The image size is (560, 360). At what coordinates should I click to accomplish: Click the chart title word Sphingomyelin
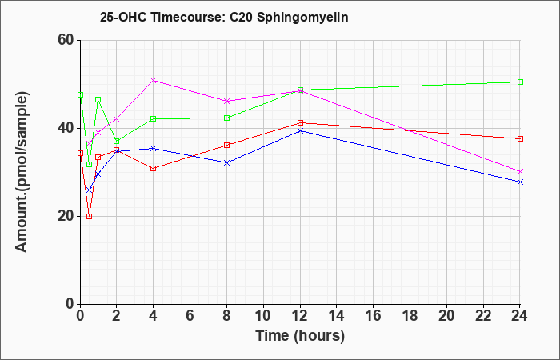click(x=302, y=18)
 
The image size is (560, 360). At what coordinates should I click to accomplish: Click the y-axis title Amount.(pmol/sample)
click(x=22, y=172)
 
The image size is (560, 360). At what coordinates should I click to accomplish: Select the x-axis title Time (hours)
click(x=300, y=336)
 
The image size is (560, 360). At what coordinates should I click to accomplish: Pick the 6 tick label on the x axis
click(x=190, y=316)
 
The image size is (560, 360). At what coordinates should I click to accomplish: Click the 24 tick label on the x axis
click(x=520, y=316)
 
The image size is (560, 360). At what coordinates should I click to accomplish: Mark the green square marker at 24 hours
click(x=520, y=82)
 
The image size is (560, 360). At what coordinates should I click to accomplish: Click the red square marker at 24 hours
click(x=520, y=139)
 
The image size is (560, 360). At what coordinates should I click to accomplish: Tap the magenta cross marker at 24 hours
click(x=520, y=172)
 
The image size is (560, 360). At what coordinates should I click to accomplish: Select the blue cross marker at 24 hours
click(x=520, y=182)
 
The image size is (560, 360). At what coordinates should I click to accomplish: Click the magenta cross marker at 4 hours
click(x=154, y=80)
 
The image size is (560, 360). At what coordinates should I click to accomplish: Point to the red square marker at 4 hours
click(x=154, y=169)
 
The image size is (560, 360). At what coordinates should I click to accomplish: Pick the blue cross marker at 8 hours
click(x=226, y=163)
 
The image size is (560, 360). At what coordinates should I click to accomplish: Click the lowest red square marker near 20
click(x=90, y=217)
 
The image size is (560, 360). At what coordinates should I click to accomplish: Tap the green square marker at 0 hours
click(x=80, y=95)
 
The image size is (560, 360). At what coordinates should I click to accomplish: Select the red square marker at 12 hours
click(x=300, y=123)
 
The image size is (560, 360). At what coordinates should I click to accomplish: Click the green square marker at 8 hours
click(x=226, y=118)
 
